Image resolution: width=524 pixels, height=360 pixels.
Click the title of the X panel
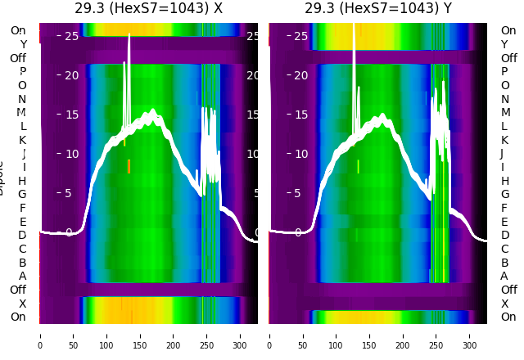point(148,8)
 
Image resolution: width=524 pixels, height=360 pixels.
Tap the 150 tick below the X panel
point(140,335)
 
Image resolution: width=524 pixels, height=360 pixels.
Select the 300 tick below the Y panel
point(470,335)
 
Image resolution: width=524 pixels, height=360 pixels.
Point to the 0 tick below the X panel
point(40,335)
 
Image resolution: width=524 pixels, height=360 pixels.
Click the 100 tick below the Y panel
point(337,335)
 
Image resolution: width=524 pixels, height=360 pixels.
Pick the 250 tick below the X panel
point(206,335)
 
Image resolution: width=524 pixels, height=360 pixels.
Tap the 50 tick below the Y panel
point(303,335)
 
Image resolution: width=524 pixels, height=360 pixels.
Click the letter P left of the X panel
point(22,72)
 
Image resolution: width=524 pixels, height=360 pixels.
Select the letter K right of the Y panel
point(504,140)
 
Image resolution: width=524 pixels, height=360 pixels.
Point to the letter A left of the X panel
point(22,277)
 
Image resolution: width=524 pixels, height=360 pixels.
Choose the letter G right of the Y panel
point(504,195)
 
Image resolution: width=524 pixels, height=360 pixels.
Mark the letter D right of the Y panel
point(504,236)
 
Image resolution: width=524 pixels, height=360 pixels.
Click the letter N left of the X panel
point(22,99)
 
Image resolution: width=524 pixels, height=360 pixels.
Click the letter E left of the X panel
point(22,222)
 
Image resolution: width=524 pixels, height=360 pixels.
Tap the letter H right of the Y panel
point(504,181)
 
